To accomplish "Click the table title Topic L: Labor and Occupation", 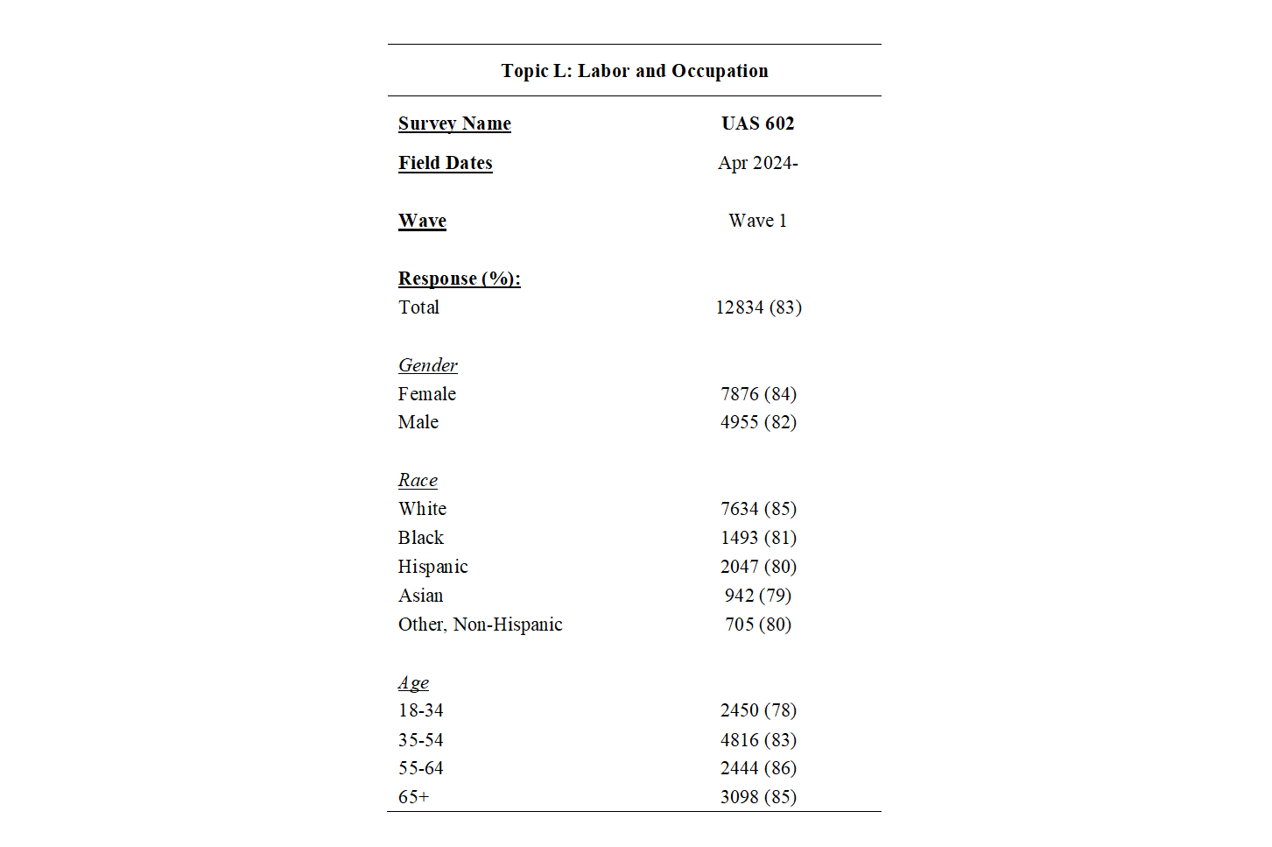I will tap(634, 71).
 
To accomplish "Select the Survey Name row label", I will tap(454, 124).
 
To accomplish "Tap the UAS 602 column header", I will tap(757, 124).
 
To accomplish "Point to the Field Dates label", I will tap(445, 163).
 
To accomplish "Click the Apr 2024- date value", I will tap(757, 163).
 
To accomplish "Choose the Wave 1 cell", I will tap(757, 221).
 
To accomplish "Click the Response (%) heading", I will tap(459, 279).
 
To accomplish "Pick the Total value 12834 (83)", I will tap(758, 307).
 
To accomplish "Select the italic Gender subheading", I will tap(427, 365).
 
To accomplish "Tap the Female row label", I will tap(426, 394).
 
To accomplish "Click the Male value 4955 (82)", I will tap(758, 422).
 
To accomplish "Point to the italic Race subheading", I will tap(418, 480).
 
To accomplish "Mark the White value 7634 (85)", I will tap(758, 509).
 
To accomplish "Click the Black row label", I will tap(420, 538).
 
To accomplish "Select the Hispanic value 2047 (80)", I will tap(758, 567).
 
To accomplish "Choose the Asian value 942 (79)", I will tap(757, 596).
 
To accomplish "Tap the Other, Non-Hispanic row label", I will tap(480, 625).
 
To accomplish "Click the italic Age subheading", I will tap(413, 682).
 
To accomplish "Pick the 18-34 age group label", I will tap(420, 710).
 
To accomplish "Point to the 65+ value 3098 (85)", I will tap(758, 797).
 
